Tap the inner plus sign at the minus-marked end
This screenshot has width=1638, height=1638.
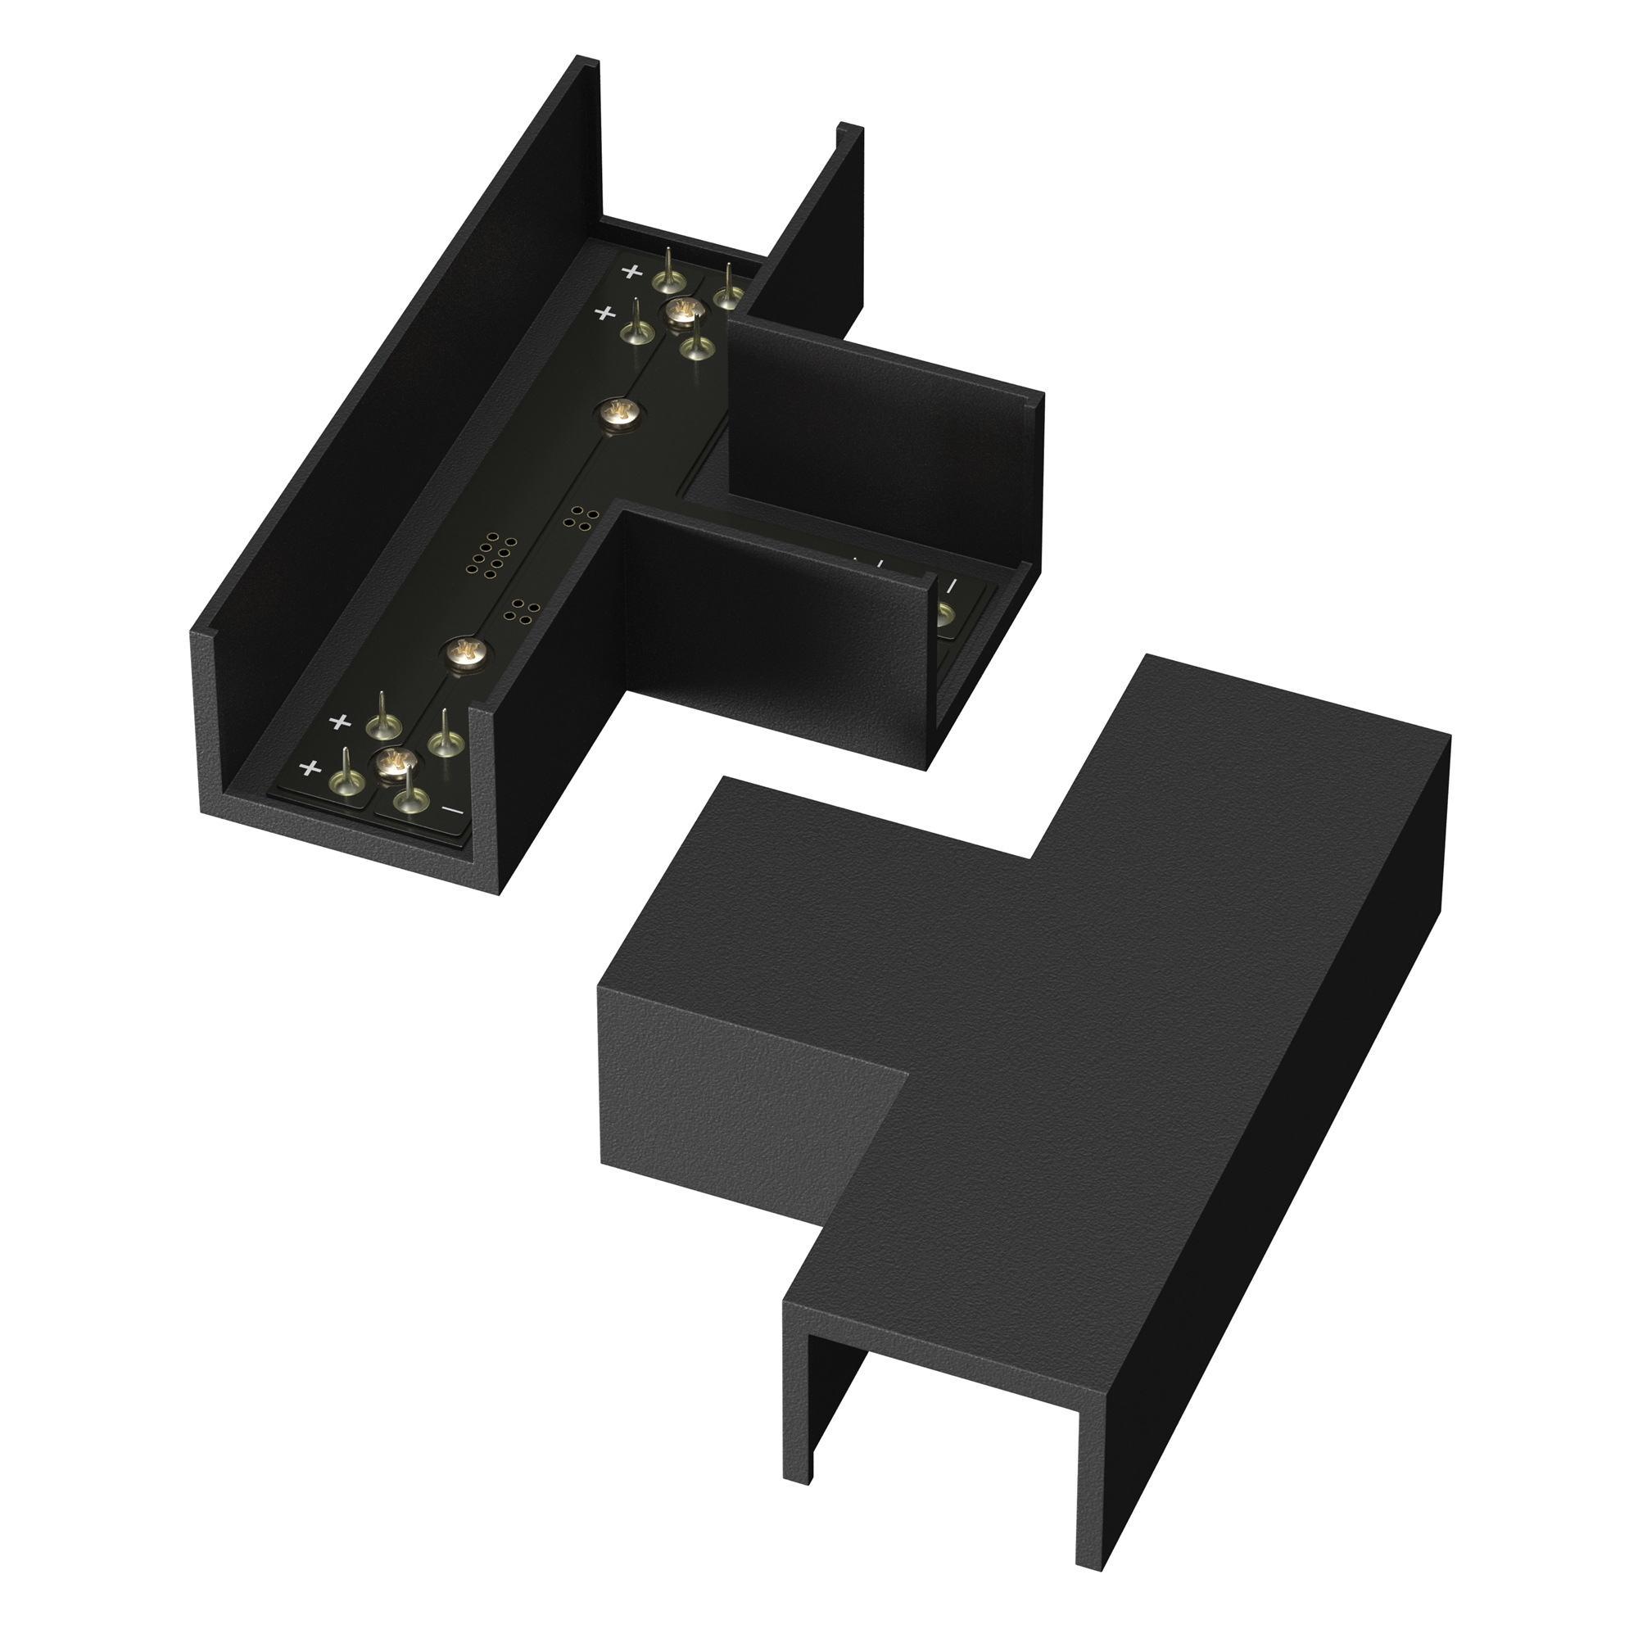click(340, 722)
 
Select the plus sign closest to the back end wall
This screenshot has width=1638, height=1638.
click(631, 272)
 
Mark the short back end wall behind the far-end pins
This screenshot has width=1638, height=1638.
click(678, 238)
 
